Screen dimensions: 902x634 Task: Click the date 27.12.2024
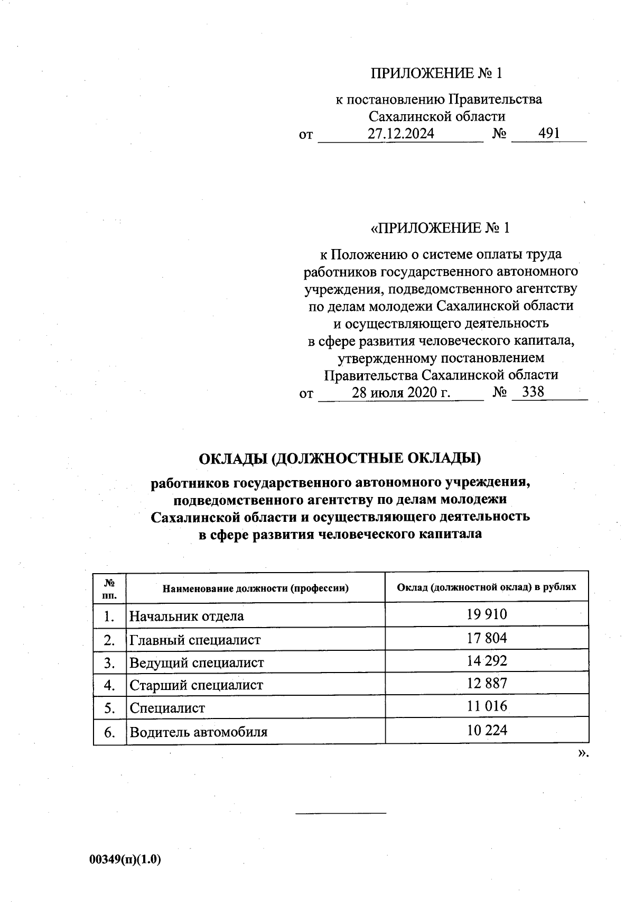(401, 134)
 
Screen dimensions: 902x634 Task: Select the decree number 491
(549, 134)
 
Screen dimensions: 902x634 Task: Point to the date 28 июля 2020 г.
(401, 392)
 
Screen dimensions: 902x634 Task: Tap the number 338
(533, 392)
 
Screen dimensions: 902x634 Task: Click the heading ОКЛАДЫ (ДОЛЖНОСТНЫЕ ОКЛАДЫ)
(340, 458)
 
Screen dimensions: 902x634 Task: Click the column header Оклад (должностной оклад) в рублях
(487, 587)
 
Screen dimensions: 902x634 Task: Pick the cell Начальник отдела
(187, 616)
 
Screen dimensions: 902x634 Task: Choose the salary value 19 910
(487, 614)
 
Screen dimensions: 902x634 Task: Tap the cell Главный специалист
(195, 640)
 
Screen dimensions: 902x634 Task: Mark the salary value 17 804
(487, 638)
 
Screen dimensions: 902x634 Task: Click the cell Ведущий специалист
(197, 663)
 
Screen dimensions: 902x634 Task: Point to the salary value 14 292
(487, 661)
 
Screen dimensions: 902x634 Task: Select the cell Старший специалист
(197, 686)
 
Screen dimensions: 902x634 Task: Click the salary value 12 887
(487, 684)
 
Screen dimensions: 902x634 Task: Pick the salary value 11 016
(487, 706)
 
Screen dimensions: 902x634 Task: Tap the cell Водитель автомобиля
(199, 732)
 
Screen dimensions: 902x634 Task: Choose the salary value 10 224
(487, 730)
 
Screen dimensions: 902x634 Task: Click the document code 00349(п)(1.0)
(125, 860)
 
